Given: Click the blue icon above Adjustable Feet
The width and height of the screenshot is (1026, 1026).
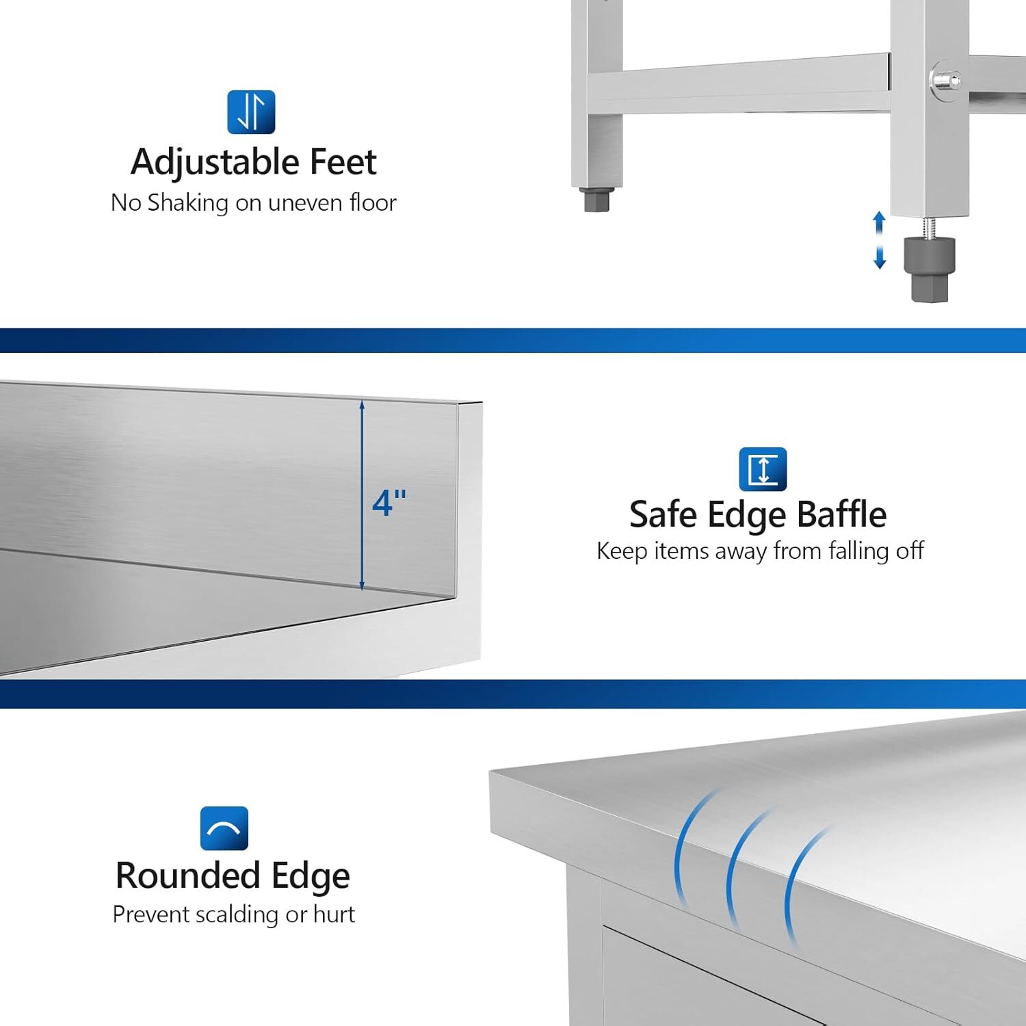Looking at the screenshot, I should coord(251,112).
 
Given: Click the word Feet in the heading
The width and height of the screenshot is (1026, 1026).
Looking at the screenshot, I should coord(343,162).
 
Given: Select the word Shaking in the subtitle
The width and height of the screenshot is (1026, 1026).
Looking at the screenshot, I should coord(179,203).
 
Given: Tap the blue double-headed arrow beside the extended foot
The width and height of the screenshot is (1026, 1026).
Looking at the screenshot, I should coord(880,240).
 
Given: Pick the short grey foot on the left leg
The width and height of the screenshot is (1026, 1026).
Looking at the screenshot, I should coord(596,200).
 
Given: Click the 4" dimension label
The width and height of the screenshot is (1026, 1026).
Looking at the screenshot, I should coord(389,503).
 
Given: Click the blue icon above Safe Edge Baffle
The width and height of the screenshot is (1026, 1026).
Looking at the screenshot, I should coord(763,469).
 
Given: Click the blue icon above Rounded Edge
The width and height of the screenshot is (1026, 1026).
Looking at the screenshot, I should coord(224,828).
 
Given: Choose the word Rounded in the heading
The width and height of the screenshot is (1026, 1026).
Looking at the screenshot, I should coord(188,876).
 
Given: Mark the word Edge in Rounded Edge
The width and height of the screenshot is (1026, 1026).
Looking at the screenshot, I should coord(311,876).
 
